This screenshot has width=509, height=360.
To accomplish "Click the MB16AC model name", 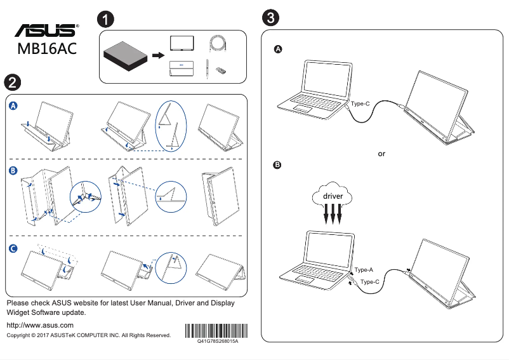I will click(47, 50).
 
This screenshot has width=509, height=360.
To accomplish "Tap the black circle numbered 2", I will click(12, 83).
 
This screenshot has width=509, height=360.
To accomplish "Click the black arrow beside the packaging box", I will click(157, 56).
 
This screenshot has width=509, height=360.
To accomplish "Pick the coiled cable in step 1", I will click(218, 44).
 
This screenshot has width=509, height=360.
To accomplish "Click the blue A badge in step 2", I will click(14, 106).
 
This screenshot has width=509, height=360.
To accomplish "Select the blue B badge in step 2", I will click(14, 170).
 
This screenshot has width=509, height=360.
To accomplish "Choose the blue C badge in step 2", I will click(14, 250).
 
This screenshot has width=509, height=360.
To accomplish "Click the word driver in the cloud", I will click(333, 196).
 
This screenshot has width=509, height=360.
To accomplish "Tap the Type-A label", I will click(364, 270).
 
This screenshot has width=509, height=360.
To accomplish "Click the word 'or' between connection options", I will click(381, 154).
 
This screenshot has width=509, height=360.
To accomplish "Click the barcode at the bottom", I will click(216, 331).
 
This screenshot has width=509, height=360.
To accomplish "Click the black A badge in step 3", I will click(277, 50).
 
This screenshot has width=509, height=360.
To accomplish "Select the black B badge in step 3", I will click(277, 166).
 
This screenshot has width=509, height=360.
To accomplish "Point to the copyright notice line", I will click(88, 335).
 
